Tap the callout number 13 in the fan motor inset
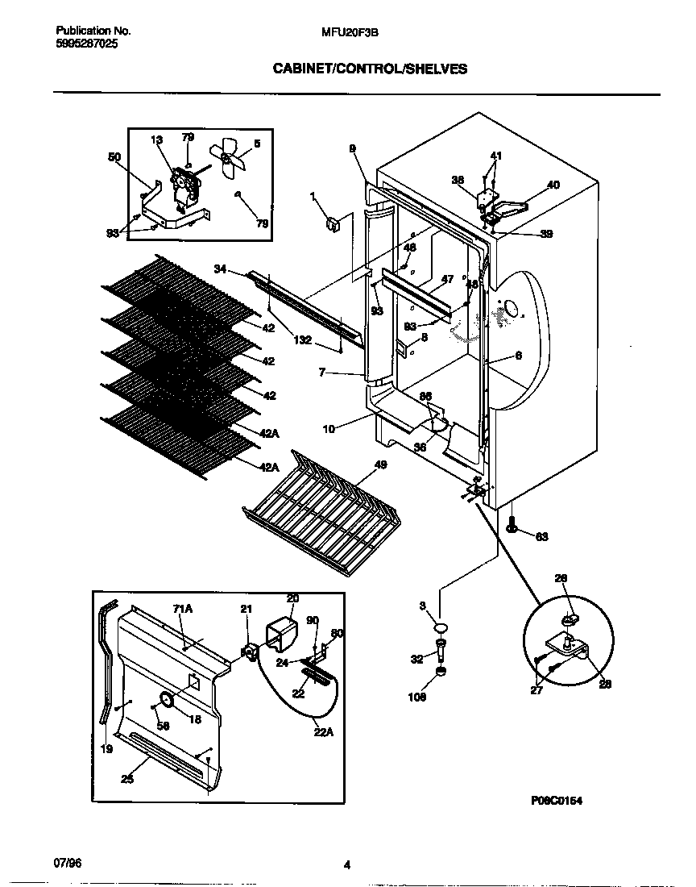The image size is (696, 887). [x=155, y=140]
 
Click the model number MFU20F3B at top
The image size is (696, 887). [x=350, y=31]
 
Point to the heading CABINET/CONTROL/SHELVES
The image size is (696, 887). [x=371, y=69]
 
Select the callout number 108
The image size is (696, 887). [x=416, y=698]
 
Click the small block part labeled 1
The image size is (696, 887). [x=332, y=222]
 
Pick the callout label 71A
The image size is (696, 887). [x=183, y=610]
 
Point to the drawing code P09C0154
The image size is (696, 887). [x=556, y=800]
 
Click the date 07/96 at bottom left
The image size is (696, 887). [x=68, y=861]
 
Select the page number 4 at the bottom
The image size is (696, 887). [x=347, y=865]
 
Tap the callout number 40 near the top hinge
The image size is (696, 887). [x=553, y=185]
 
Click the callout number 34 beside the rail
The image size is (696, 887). [x=221, y=269]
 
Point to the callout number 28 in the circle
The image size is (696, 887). [x=605, y=684]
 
